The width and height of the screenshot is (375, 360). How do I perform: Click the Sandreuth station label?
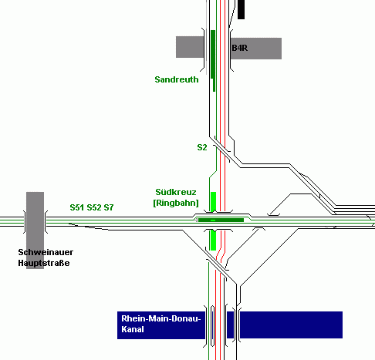click(177, 79)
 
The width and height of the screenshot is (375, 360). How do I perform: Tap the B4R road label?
click(240, 48)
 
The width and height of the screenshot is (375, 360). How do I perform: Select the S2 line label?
click(202, 147)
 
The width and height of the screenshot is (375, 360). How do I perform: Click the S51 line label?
click(77, 207)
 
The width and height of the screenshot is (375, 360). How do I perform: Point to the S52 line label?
click(93, 207)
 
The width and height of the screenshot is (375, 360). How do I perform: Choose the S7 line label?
click(109, 207)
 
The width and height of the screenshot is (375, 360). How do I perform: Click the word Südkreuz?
click(176, 192)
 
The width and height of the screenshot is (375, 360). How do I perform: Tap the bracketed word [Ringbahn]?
click(176, 203)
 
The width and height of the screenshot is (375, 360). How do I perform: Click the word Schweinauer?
click(46, 252)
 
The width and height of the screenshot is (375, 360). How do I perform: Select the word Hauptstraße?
click(44, 263)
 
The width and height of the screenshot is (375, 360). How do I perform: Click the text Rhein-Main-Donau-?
click(161, 318)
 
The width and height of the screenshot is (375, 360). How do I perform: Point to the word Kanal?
click(133, 329)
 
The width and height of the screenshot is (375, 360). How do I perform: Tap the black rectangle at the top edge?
click(241, 9)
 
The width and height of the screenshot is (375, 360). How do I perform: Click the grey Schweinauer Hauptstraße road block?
click(35, 230)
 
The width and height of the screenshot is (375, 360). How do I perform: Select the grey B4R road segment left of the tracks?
click(190, 47)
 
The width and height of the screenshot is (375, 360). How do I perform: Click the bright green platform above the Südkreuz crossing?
click(213, 202)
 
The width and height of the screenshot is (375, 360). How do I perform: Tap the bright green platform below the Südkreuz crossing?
click(213, 240)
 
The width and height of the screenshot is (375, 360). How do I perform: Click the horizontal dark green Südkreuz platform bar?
click(221, 220)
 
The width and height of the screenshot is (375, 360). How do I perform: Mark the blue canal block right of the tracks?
click(291, 325)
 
